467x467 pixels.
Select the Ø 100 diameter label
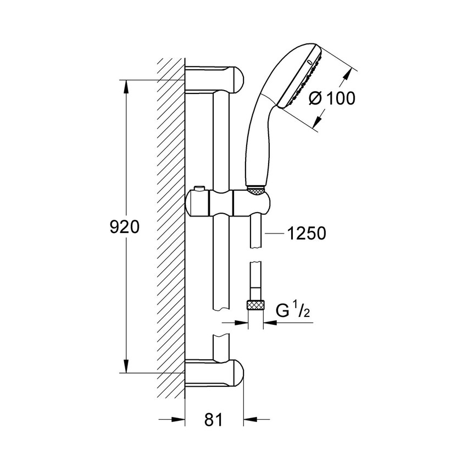(332, 98)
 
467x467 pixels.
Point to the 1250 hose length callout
(307, 233)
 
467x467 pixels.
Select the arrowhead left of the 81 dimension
(179, 420)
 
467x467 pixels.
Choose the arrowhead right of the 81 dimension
(248, 420)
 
